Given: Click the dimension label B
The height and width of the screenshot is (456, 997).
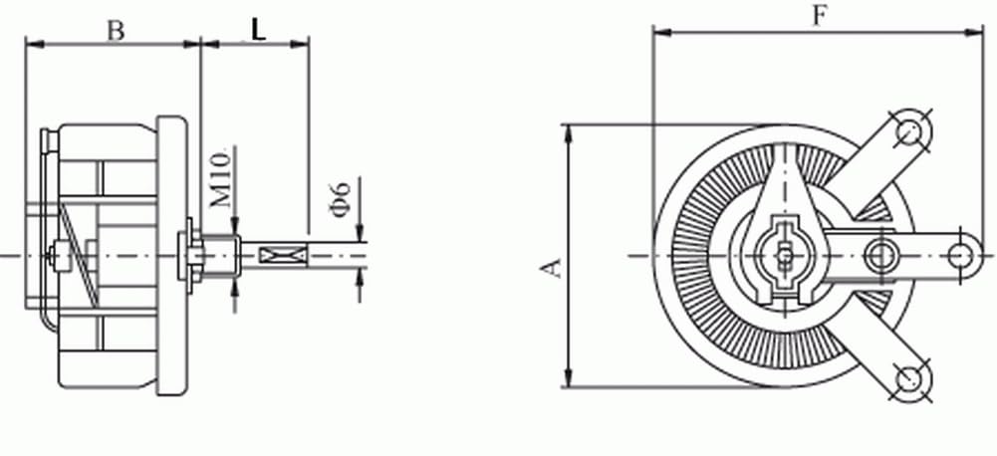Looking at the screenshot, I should click(x=116, y=30).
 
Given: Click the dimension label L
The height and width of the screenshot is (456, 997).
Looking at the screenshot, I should click(x=258, y=30).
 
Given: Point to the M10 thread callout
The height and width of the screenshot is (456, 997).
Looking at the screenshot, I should click(x=224, y=179).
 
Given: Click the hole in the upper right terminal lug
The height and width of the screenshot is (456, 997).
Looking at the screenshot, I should click(x=908, y=129).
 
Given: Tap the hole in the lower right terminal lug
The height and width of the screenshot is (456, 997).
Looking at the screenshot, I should click(x=908, y=378).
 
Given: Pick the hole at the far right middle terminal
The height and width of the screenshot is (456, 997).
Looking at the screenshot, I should click(x=959, y=254).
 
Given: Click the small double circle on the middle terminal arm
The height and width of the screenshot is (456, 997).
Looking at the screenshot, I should click(x=878, y=255).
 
